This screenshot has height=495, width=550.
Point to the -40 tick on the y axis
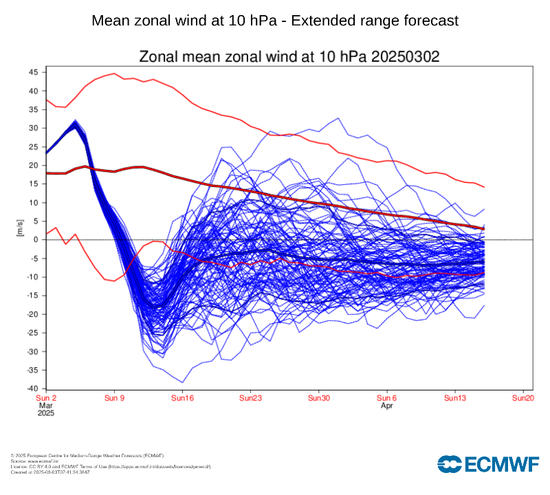pos(32,389)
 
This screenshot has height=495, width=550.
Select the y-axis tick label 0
pos(36,240)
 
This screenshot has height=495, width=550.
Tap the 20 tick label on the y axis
pos(34,166)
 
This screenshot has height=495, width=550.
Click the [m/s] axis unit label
pos(20,230)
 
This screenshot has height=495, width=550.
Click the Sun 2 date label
pos(46,398)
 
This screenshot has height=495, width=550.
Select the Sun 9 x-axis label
pos(114,398)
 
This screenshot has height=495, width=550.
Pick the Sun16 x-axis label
pos(182,398)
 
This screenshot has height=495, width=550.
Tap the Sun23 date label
pos(250,398)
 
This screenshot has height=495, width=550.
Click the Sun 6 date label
pos(386,398)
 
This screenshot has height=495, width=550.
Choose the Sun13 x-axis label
pos(455,398)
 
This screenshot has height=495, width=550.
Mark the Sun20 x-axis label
pos(523,398)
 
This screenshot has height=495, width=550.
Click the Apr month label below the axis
pos(387,406)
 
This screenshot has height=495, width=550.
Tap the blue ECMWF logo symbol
pos(451,465)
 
